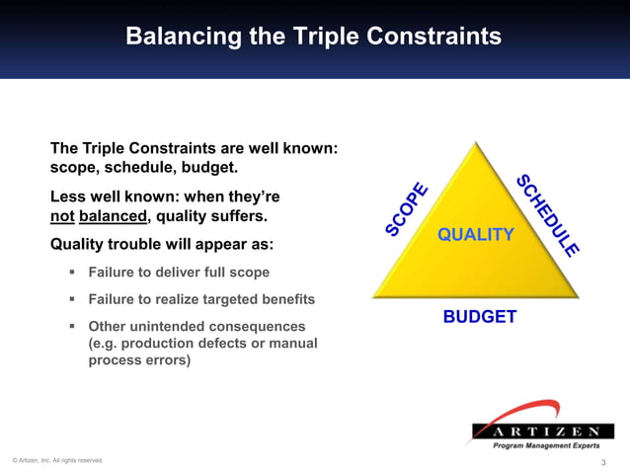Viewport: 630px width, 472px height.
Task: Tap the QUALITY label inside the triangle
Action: (x=476, y=235)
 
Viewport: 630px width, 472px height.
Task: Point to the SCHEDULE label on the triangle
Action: (x=547, y=215)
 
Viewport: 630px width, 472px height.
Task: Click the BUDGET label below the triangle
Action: (x=479, y=317)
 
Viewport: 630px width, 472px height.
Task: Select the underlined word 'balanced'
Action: (x=113, y=215)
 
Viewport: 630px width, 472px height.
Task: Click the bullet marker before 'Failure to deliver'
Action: (x=73, y=272)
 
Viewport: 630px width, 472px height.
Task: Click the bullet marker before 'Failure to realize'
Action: (x=73, y=298)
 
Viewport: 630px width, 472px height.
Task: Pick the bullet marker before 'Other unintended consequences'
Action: (x=73, y=325)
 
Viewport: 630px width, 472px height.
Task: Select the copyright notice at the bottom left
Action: (x=56, y=460)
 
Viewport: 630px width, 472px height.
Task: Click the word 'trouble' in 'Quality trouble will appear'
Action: (x=138, y=243)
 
